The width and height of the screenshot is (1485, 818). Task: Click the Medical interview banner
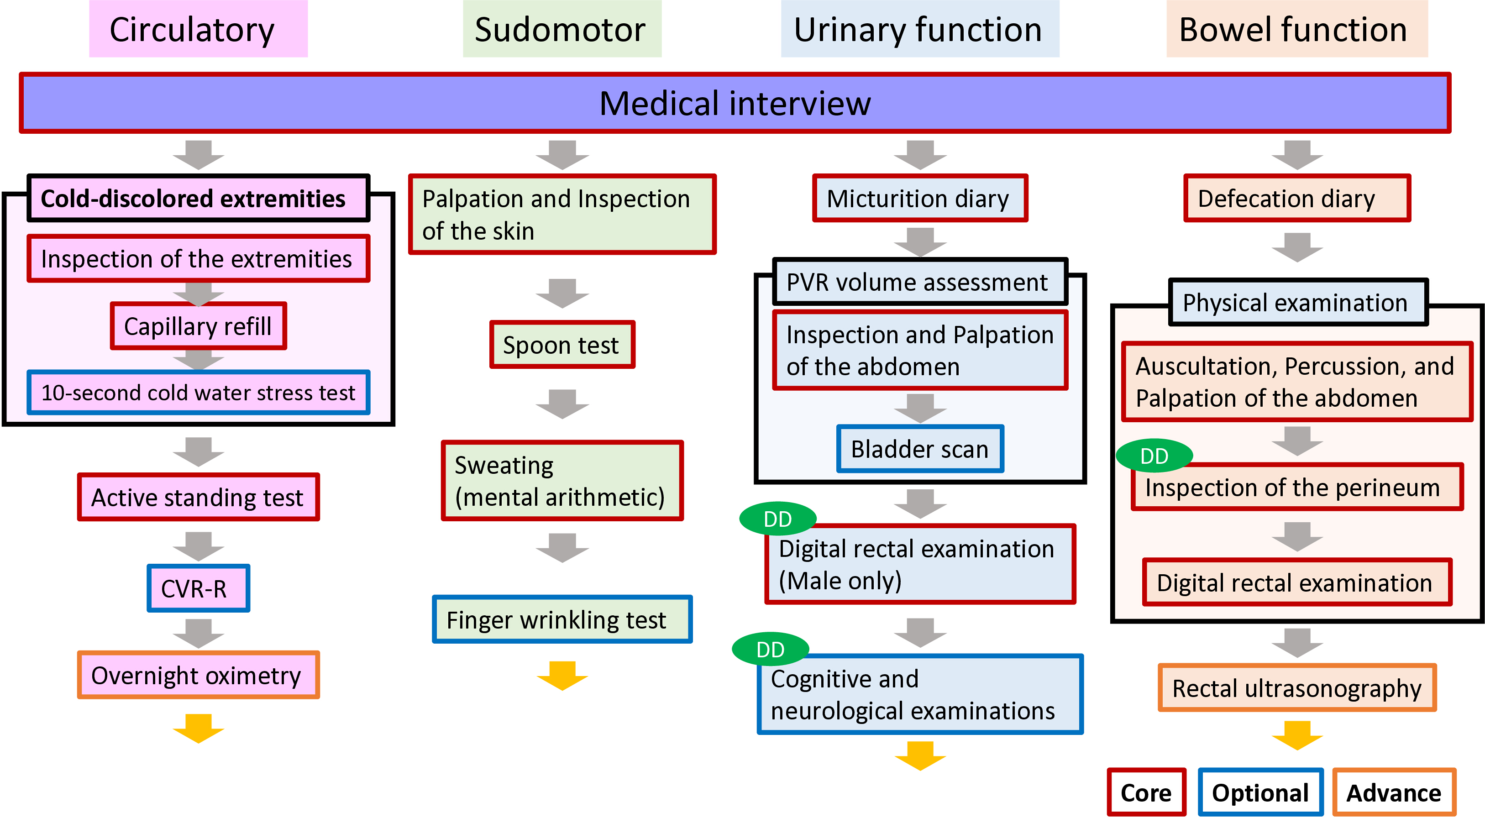[735, 103]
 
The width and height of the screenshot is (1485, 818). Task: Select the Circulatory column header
[198, 29]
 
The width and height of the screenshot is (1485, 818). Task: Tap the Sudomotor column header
[562, 29]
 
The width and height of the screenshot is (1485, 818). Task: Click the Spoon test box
[562, 345]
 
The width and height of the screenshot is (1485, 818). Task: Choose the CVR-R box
[198, 588]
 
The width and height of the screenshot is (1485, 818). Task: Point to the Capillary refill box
[198, 326]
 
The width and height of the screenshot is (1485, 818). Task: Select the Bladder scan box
[920, 449]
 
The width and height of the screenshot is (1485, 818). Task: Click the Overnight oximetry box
[198, 675]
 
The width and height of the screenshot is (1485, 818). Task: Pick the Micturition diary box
[920, 198]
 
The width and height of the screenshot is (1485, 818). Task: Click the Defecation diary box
[1297, 198]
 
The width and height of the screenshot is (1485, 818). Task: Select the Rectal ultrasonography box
[1297, 688]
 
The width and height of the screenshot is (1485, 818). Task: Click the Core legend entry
[1146, 792]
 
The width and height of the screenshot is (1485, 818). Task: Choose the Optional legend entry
[1261, 792]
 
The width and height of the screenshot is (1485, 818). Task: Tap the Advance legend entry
[1394, 792]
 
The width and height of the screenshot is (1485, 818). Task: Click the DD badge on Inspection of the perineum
[1154, 456]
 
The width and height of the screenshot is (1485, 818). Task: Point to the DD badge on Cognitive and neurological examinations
[770, 649]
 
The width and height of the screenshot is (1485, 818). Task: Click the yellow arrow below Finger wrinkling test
[562, 676]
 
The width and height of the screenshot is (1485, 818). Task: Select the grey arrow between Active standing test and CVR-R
[198, 546]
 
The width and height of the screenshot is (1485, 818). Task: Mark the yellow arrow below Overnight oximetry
[198, 729]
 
